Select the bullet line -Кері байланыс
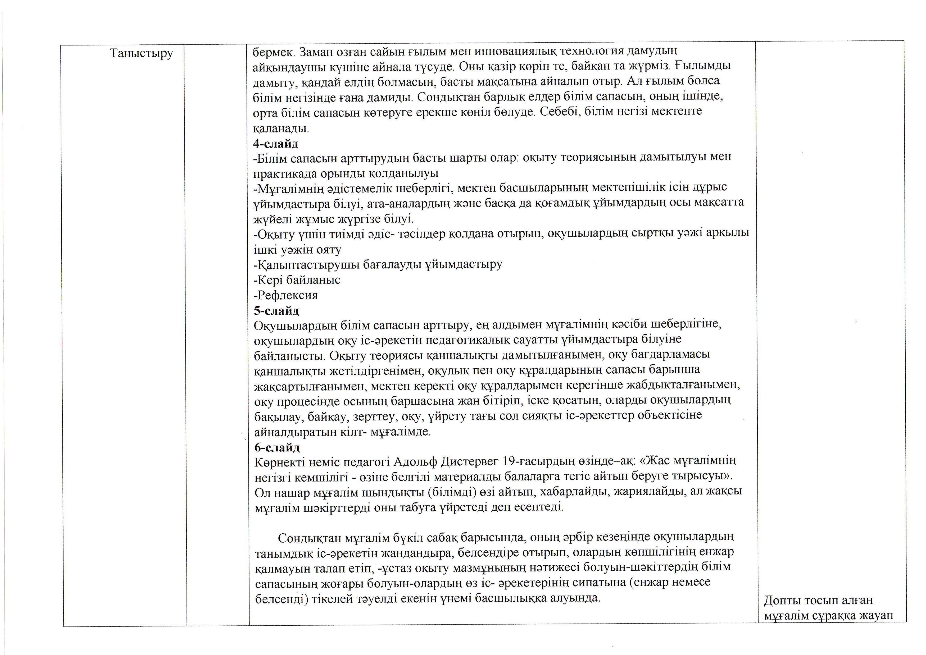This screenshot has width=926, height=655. click(297, 280)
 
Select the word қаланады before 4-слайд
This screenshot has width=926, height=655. click(281, 129)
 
